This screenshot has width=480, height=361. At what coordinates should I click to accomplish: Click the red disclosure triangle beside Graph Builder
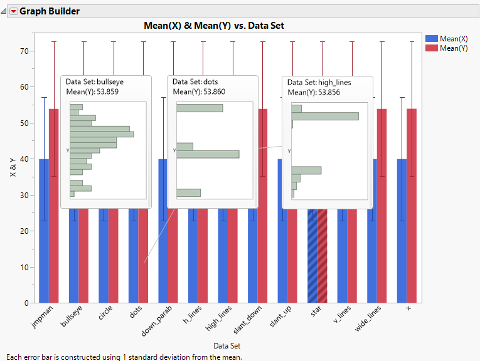click(13, 11)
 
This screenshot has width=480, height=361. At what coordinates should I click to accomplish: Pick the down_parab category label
click(160, 321)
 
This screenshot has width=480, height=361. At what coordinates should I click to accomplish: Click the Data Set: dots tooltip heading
click(195, 81)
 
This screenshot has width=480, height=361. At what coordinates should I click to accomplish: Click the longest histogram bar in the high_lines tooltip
click(325, 116)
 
